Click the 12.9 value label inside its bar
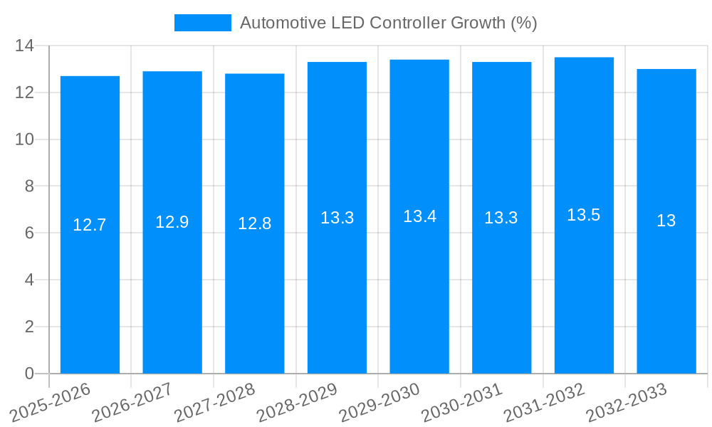coord(172,222)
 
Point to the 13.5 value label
coord(584,215)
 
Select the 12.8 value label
coord(255,223)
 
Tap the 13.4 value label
coord(419,216)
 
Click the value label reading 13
coord(666,221)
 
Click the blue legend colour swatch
coord(203,23)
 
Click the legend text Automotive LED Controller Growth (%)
coord(389,23)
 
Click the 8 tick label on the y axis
coord(28,186)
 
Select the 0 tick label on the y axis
coord(28,374)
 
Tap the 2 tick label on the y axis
coord(28,327)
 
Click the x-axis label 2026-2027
coord(132,403)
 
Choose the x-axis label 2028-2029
coord(297,403)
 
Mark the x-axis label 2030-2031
coord(461,403)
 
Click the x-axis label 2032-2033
coord(626,403)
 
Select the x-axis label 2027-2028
coord(214,403)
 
